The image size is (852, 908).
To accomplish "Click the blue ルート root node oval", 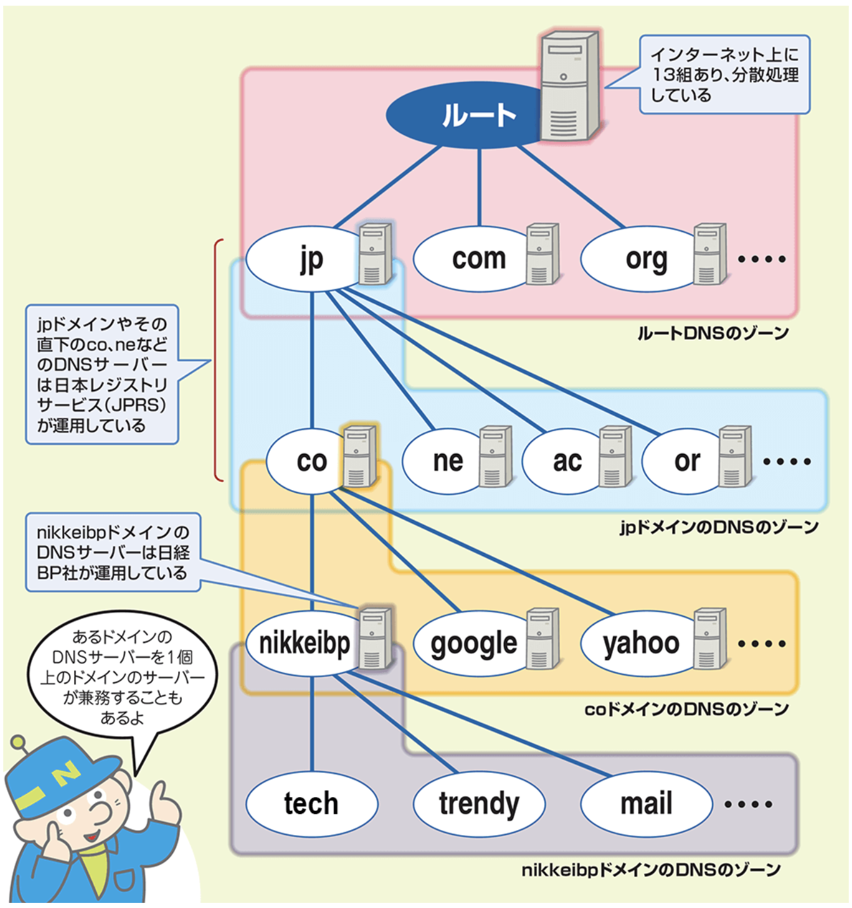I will [466, 115].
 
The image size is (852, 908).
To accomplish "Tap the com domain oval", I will [472, 259].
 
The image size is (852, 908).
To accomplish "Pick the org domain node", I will [640, 259].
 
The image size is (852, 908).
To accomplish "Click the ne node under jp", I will [444, 461].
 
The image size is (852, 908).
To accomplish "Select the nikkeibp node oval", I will [303, 643].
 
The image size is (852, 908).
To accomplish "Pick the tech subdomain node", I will [311, 803].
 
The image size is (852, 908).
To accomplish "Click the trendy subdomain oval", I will [479, 803].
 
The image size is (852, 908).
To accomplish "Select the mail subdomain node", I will [646, 803].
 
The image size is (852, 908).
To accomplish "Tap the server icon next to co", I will [359, 457].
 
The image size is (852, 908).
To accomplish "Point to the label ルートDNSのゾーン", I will [713, 333].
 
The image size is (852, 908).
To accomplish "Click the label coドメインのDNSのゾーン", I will [686, 709].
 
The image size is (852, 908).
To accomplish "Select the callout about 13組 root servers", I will [724, 75].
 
